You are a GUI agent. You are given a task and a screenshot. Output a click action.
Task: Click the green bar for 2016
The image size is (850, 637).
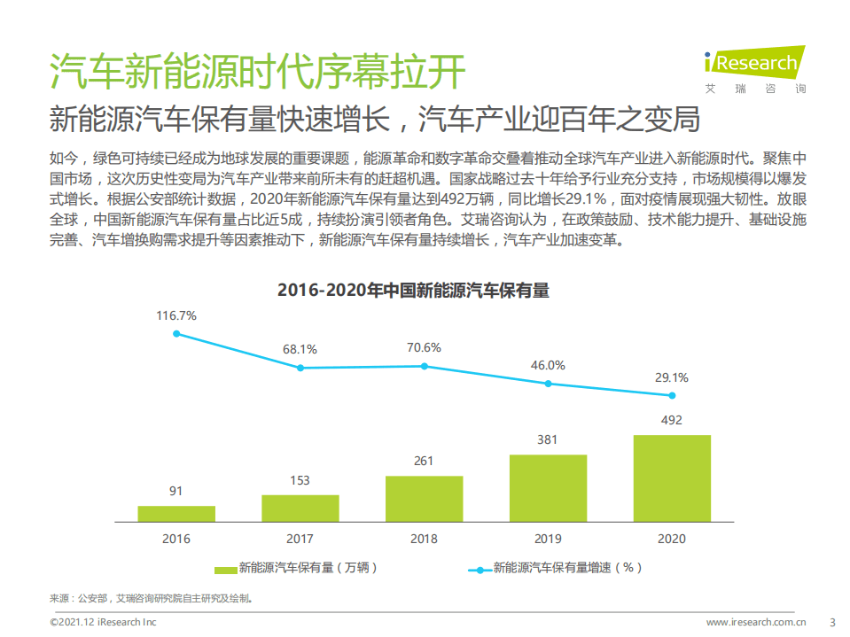pyautogui.click(x=176, y=513)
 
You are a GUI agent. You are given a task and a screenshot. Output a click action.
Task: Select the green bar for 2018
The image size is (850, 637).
pyautogui.click(x=424, y=498)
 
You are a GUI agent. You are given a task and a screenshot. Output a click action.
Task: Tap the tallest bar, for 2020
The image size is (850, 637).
pyautogui.click(x=672, y=478)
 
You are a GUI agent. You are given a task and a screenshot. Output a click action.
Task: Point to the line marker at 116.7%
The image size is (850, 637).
pyautogui.click(x=176, y=334)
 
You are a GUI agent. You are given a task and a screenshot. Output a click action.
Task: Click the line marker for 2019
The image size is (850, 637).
pyautogui.click(x=548, y=384)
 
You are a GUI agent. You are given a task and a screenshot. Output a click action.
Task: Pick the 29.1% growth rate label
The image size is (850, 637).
pyautogui.click(x=671, y=377)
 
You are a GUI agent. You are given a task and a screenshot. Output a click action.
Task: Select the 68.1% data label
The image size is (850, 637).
pyautogui.click(x=300, y=349)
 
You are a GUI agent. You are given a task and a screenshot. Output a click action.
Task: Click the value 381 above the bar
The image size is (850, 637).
pyautogui.click(x=548, y=439)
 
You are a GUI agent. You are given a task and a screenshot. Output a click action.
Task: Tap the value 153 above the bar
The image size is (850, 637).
pyautogui.click(x=300, y=480)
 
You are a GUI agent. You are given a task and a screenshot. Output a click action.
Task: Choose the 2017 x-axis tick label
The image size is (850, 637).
pyautogui.click(x=300, y=538)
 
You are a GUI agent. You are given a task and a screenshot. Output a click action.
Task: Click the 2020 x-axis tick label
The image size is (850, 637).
pyautogui.click(x=672, y=538)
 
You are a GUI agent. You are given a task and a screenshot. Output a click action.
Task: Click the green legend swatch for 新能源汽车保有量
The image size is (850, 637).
pyautogui.click(x=225, y=569)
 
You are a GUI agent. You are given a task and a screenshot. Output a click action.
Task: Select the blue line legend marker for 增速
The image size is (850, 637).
pyautogui.click(x=480, y=569)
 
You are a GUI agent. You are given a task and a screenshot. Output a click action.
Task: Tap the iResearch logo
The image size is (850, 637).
pyautogui.click(x=753, y=67)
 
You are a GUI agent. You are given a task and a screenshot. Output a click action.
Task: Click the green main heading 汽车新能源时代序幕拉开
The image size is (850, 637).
pyautogui.click(x=257, y=72)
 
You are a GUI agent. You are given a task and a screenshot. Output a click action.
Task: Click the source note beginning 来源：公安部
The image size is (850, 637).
pyautogui.click(x=151, y=598)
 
